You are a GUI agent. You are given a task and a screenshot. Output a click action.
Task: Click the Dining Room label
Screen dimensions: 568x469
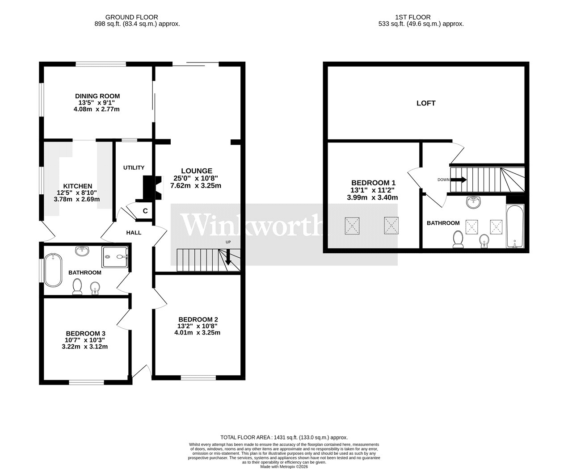click(x=97, y=96)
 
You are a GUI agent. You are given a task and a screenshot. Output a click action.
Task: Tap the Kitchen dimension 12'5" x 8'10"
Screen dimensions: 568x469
click(x=77, y=193)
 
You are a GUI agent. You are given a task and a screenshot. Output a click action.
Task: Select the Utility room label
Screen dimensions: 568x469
click(x=134, y=167)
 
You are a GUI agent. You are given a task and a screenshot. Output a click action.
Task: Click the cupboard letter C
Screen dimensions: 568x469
click(x=145, y=211)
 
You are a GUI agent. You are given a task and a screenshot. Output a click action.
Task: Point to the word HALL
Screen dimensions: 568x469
click(x=134, y=232)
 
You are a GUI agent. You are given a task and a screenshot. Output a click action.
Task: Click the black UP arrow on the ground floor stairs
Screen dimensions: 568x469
click(x=228, y=257)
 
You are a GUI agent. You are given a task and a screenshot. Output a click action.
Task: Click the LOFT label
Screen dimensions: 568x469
click(x=426, y=103)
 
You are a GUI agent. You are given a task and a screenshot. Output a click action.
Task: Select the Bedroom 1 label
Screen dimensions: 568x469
click(x=373, y=182)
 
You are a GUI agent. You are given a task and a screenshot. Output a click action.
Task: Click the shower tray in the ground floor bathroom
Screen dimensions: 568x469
click(x=115, y=257)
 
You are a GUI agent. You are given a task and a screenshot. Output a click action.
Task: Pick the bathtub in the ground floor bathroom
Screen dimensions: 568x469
click(x=53, y=270)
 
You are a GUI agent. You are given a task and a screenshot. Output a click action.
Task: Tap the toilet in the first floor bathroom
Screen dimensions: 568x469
click(x=458, y=239)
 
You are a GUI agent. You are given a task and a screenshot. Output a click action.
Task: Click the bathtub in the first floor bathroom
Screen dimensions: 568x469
click(x=515, y=226)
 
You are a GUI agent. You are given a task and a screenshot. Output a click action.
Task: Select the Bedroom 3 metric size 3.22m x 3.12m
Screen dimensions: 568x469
click(x=85, y=347)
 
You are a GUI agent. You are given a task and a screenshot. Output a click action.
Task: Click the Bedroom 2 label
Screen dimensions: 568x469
click(x=198, y=319)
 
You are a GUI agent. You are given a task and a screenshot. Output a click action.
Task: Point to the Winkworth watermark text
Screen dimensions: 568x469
click(x=252, y=225)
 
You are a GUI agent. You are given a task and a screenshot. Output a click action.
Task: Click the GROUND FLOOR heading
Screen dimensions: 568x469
click(x=132, y=17)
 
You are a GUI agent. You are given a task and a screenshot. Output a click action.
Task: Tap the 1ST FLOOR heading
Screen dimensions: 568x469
click(x=413, y=17)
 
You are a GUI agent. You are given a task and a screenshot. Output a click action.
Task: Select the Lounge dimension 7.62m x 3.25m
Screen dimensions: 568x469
click(x=196, y=186)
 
